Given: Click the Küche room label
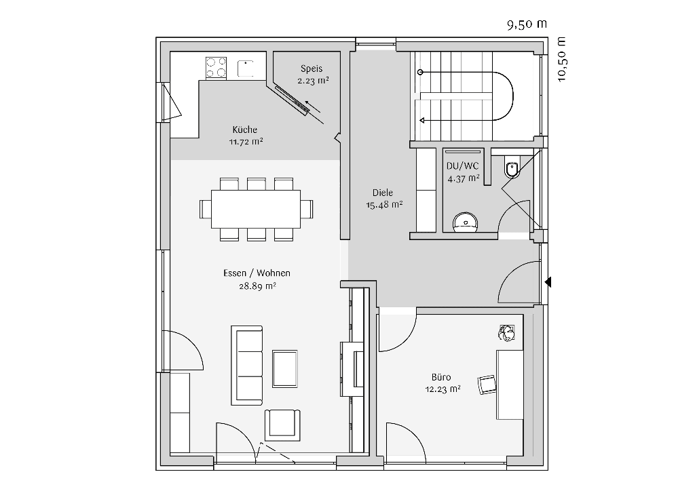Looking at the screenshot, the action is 244,130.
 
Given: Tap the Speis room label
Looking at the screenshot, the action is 312,68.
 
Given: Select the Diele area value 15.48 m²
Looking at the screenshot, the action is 384,205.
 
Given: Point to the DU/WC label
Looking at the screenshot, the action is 463,166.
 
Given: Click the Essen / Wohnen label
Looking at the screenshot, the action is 257,273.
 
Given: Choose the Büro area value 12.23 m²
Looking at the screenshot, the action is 443,389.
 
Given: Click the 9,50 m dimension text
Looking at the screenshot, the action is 527,24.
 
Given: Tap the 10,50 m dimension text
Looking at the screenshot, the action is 561,59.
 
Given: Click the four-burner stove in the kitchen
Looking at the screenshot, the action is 216,67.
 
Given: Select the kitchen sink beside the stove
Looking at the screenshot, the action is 246,68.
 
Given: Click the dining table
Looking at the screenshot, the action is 256,209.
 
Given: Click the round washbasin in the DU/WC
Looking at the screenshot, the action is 466,222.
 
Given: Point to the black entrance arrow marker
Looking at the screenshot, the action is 548,281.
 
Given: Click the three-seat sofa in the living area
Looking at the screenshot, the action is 246,366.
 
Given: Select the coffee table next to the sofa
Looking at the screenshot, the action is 284,369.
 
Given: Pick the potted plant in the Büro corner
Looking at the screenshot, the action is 506,332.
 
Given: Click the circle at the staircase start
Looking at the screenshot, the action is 420,72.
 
